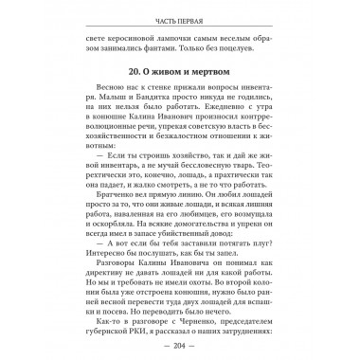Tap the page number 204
[x=179, y=348]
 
